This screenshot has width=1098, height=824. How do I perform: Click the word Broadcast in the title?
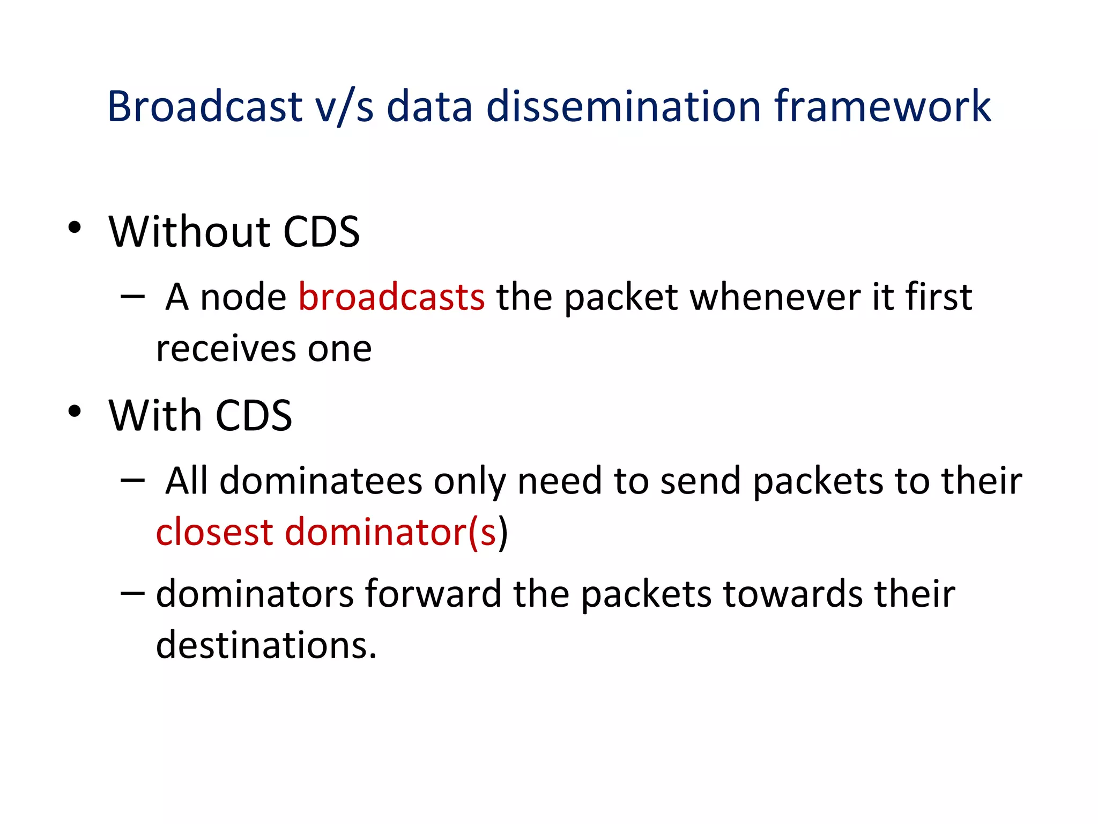click(205, 106)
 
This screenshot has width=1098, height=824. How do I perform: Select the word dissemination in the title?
click(624, 106)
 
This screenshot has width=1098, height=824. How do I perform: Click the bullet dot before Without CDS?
click(75, 227)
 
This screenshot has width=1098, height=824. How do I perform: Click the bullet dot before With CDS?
click(75, 411)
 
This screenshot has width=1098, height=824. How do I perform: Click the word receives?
click(226, 349)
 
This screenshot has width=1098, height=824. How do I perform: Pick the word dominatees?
click(321, 481)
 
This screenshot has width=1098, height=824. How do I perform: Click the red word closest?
click(214, 532)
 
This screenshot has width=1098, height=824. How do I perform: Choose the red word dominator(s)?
click(391, 532)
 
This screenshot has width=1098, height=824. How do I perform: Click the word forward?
click(433, 594)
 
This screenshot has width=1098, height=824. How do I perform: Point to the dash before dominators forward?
click(132, 593)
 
